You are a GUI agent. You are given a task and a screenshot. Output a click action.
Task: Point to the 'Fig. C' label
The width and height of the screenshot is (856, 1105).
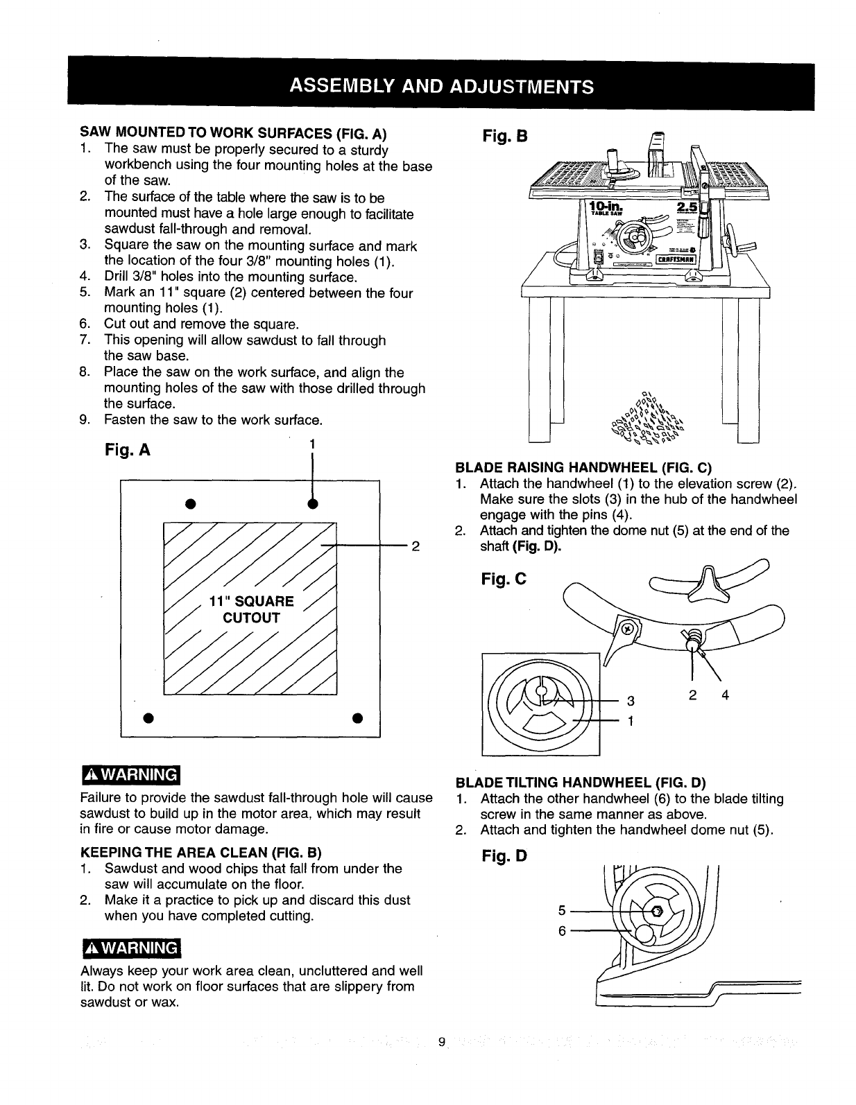click(x=504, y=576)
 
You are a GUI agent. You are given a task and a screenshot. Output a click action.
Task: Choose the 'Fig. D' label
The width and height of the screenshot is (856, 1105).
click(x=504, y=857)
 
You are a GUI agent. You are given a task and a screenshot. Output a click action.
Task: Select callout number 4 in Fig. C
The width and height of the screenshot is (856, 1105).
click(x=726, y=695)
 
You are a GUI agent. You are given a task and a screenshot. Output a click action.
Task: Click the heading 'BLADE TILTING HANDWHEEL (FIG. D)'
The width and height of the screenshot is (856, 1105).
click(x=580, y=783)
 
